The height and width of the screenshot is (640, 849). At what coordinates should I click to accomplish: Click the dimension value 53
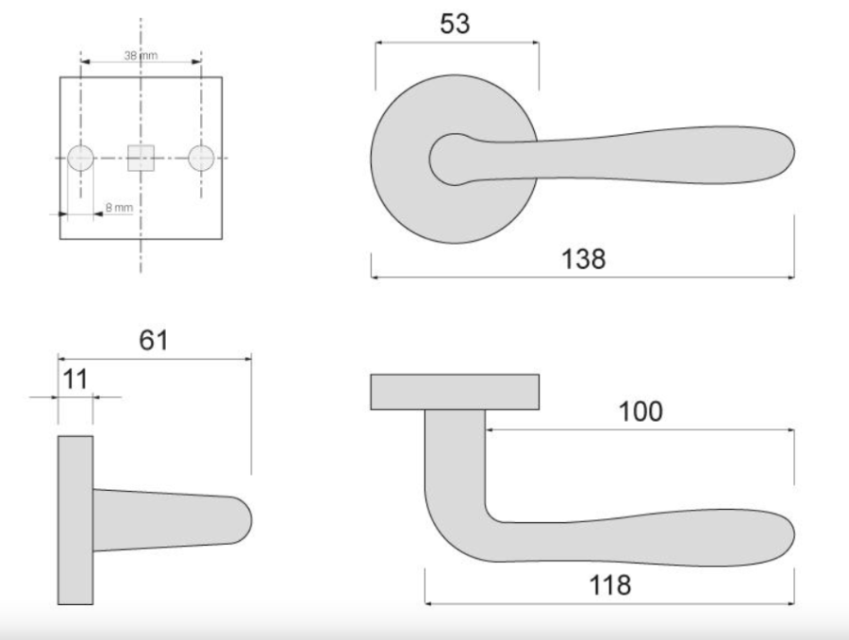tap(455, 24)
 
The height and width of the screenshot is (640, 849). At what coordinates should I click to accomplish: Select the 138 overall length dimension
tap(583, 259)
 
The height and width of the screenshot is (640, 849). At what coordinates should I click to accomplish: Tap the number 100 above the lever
tap(641, 412)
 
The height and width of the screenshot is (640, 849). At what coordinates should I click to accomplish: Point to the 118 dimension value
tap(609, 585)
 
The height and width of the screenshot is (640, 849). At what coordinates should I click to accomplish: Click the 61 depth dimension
tap(154, 341)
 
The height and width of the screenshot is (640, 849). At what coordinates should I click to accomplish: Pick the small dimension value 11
tap(75, 379)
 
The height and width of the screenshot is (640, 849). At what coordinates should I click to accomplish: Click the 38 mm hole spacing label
tap(141, 56)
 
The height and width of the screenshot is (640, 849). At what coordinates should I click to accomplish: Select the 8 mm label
tap(119, 208)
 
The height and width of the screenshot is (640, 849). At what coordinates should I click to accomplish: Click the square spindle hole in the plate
tap(141, 158)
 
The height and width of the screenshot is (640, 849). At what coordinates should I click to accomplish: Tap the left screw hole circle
tap(81, 159)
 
